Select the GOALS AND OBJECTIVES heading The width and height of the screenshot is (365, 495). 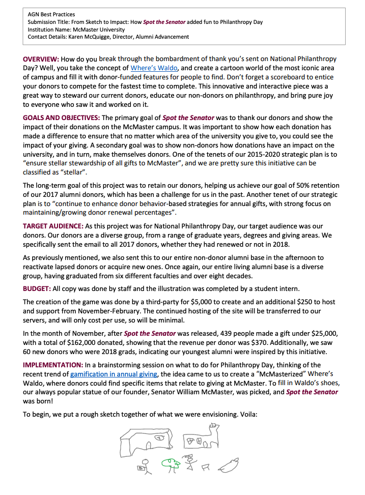[61, 118]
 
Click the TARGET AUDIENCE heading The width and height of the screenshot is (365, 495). [53, 226]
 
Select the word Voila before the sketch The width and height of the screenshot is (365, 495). [246, 415]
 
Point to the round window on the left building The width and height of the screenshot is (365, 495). [159, 436]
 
